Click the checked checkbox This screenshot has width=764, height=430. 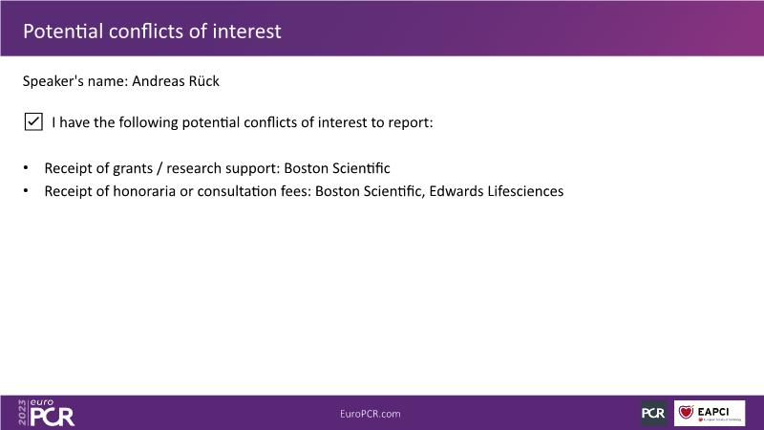click(33, 122)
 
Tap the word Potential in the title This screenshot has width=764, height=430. click(63, 32)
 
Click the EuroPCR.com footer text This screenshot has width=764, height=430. click(371, 414)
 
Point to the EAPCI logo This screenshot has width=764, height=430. click(710, 414)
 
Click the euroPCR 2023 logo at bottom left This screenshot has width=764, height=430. click(46, 413)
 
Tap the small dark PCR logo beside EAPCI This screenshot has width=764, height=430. click(653, 414)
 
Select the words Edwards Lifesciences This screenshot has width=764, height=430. click(497, 191)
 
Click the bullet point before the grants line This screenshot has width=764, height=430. click(26, 168)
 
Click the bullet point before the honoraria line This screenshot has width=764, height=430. click(26, 190)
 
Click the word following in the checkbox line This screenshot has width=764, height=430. click(148, 122)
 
